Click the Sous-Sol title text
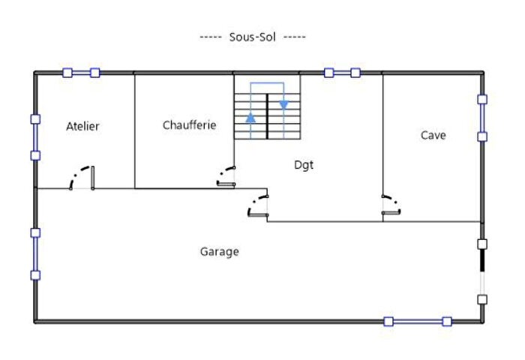click(253, 37)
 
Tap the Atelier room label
click(82, 126)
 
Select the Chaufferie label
click(189, 125)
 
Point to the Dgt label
click(304, 165)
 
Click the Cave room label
click(433, 135)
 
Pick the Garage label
click(219, 251)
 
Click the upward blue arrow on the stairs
click(250, 118)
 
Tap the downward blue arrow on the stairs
click(283, 105)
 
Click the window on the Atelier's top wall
click(81, 73)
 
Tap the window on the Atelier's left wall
click(35, 137)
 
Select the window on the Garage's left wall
click(35, 253)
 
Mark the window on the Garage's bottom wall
click(418, 322)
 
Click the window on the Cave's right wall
click(482, 118)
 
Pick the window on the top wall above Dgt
click(342, 73)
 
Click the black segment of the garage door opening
click(482, 260)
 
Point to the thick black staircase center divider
click(267, 116)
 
